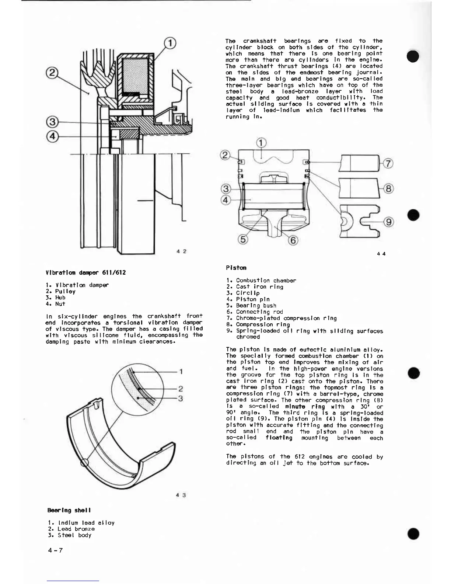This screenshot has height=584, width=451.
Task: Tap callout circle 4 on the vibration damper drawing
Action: (52, 136)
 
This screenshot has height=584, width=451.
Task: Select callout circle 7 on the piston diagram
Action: (388, 163)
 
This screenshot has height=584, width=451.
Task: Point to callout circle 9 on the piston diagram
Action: (388, 222)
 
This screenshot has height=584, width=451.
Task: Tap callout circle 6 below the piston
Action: (293, 240)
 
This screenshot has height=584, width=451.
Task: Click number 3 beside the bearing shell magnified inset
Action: (181, 398)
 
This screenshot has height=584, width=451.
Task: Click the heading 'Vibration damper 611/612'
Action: (85, 272)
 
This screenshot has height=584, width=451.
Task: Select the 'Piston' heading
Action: (236, 268)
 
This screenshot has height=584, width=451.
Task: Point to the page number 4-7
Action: (55, 550)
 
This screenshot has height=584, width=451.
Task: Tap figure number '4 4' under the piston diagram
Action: (381, 254)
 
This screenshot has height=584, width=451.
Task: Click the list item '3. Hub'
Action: (56, 298)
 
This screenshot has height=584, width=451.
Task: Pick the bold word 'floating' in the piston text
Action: (279, 438)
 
